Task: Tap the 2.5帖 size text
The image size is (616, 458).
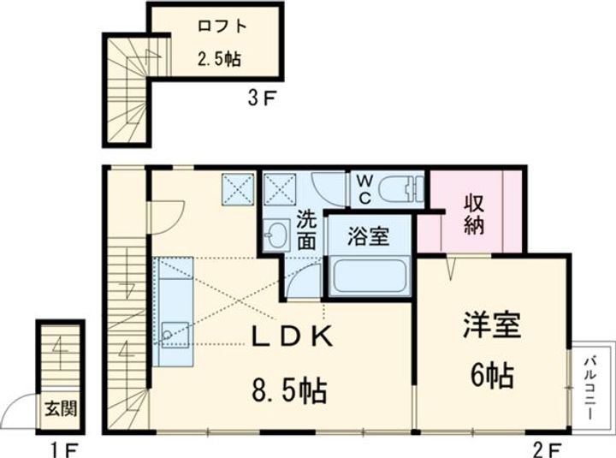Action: click(219, 60)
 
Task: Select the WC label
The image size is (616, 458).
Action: click(363, 189)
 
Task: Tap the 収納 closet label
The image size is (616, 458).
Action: click(475, 214)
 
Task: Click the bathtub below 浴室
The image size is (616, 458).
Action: click(368, 276)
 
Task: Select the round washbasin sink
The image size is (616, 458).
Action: click(275, 235)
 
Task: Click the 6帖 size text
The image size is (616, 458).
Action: click(492, 374)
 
